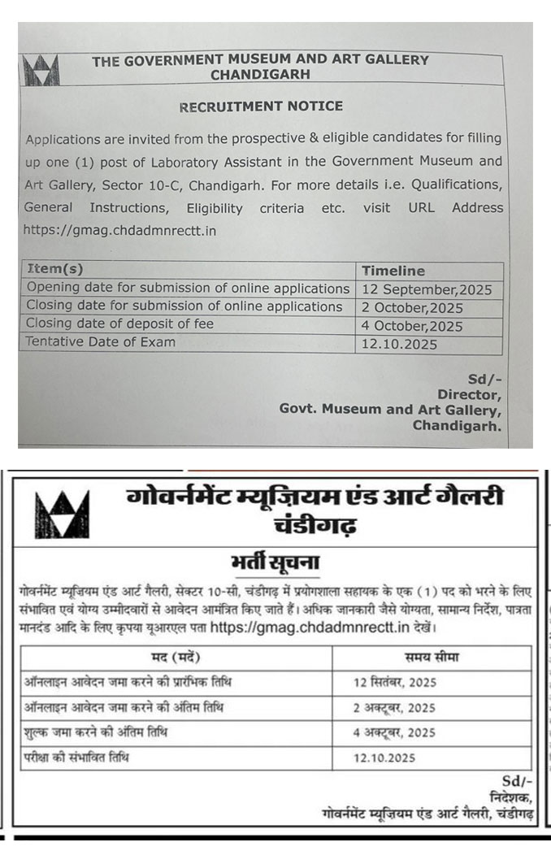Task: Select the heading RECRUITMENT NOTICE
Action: tap(261, 106)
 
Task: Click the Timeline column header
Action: tap(393, 271)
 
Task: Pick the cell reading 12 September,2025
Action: tap(427, 289)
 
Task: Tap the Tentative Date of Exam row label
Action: tap(101, 342)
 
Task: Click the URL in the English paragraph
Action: tap(120, 230)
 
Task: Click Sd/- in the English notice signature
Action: tap(484, 380)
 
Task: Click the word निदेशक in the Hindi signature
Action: tap(511, 797)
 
